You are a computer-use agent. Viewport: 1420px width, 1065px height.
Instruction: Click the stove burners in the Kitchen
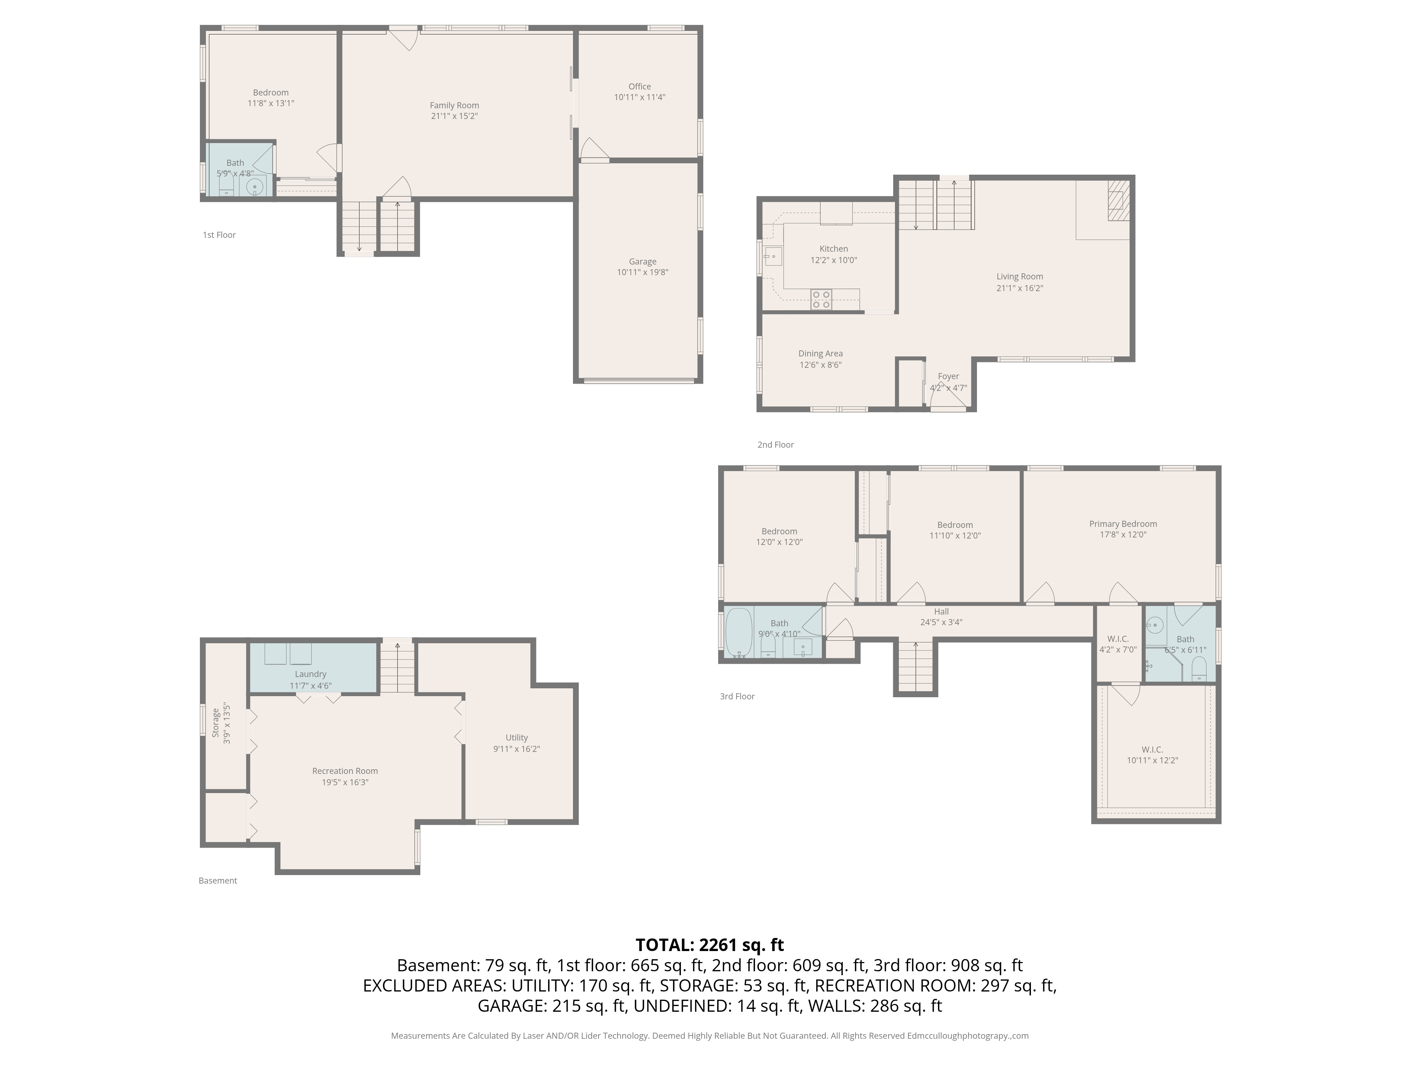coord(821,299)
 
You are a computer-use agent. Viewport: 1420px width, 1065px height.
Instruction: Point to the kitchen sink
coord(772,257)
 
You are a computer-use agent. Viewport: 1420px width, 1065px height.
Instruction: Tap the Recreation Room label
coord(345,771)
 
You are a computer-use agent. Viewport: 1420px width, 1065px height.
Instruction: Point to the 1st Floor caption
coord(219,235)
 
